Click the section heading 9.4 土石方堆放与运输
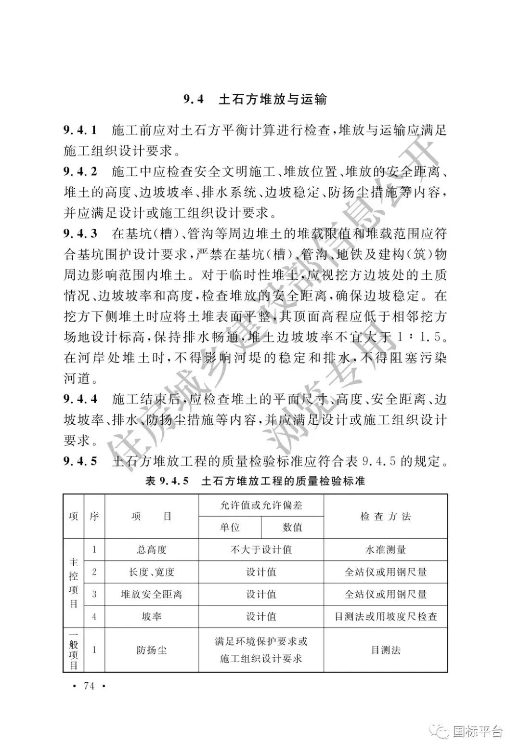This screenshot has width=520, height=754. pyautogui.click(x=255, y=100)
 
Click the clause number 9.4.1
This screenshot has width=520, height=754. pyautogui.click(x=80, y=130)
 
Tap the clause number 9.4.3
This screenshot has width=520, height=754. pyautogui.click(x=80, y=234)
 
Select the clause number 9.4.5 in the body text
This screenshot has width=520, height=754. pyautogui.click(x=80, y=461)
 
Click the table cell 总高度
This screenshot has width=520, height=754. pyautogui.click(x=151, y=550)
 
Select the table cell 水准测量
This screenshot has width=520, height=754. pyautogui.click(x=386, y=550)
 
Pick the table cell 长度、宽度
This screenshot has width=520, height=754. pyautogui.click(x=151, y=572)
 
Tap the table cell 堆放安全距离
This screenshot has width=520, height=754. pyautogui.click(x=151, y=594)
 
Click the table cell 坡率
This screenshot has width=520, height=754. pyautogui.click(x=151, y=616)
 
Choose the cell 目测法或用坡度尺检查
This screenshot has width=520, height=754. pyautogui.click(x=386, y=616)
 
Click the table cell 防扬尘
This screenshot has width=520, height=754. pyautogui.click(x=151, y=650)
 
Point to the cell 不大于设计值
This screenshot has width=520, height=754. pyautogui.click(x=261, y=550)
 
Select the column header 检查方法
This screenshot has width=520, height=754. pyautogui.click(x=386, y=517)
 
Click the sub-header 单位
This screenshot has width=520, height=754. pyautogui.click(x=230, y=527)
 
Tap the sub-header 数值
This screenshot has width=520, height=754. pyautogui.click(x=292, y=527)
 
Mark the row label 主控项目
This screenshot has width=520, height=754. pyautogui.click(x=73, y=583)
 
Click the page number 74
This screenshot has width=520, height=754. pyautogui.click(x=89, y=686)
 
